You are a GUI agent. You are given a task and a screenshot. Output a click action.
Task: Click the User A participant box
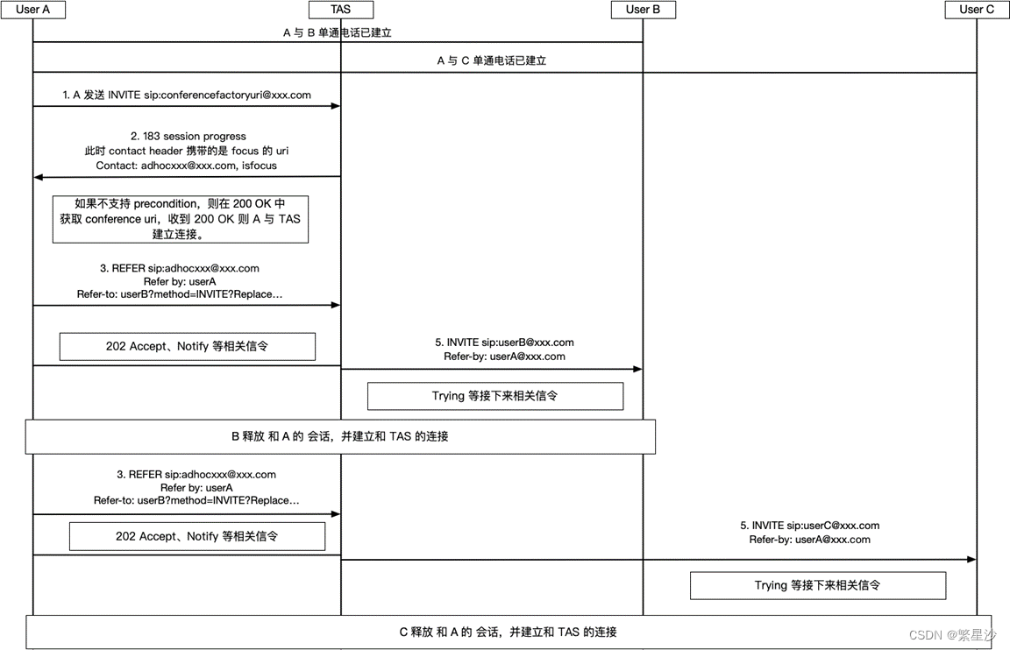(33, 10)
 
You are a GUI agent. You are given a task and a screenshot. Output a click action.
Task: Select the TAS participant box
(341, 10)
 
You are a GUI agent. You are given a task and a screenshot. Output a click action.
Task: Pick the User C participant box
(977, 10)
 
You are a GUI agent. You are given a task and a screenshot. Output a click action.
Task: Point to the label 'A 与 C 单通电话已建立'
(492, 61)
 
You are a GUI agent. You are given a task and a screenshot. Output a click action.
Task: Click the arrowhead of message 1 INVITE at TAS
(336, 106)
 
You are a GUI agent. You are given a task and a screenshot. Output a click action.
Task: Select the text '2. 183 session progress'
(188, 136)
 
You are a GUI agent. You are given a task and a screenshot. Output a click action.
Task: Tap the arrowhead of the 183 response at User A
(39, 177)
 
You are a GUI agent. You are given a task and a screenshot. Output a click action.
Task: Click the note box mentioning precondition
(180, 219)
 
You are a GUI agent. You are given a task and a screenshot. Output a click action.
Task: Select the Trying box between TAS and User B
(494, 396)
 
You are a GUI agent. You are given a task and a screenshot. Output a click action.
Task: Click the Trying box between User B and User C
(817, 585)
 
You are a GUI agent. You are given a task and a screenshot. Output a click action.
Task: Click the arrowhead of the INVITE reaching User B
(637, 370)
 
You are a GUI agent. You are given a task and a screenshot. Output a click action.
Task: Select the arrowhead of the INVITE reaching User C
(971, 559)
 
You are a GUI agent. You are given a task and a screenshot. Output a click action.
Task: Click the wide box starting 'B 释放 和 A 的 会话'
(340, 436)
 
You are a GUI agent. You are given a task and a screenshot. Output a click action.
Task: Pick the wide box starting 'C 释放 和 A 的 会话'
(509, 632)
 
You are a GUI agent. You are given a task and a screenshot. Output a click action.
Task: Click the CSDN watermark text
(951, 635)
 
